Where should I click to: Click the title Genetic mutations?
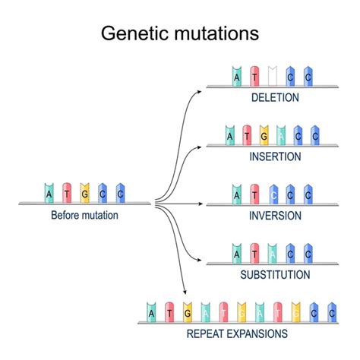(180, 33)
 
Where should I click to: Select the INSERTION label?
(274, 156)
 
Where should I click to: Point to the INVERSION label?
(274, 215)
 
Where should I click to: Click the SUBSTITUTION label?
(274, 273)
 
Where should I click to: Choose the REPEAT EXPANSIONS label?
(236, 333)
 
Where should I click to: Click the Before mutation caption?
(84, 215)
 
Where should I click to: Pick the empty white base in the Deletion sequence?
(273, 76)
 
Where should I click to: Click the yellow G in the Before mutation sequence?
(85, 193)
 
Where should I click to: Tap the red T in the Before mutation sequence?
(68, 193)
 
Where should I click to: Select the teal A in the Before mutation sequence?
(50, 193)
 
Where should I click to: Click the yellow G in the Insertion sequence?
(264, 135)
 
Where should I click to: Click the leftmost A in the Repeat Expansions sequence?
(152, 311)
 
